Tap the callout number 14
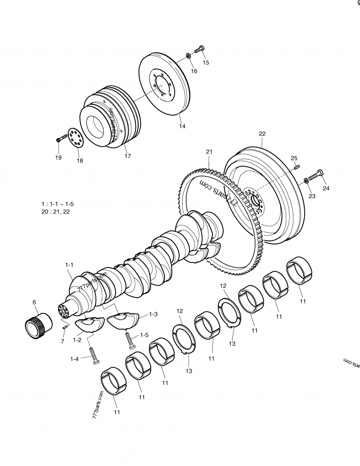182,127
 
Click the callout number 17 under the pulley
128,156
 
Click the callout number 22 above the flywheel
262,133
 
